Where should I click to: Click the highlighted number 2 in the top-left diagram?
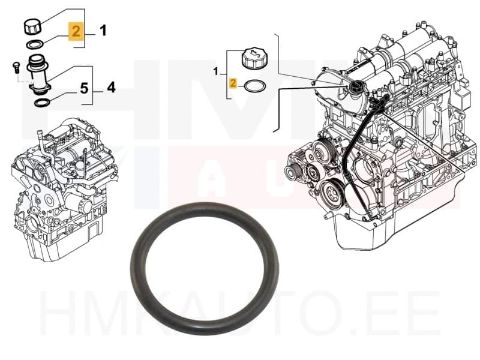76,31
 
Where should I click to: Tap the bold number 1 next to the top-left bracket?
103,30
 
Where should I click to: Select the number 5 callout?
83,89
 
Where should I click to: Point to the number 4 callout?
111,88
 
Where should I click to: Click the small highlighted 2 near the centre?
233,84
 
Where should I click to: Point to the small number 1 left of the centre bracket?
217,73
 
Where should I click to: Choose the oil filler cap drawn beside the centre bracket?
253,59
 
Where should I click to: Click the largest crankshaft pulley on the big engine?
331,194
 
